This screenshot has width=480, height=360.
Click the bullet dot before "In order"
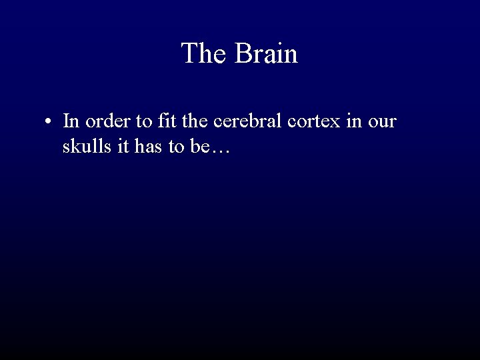tap(49, 122)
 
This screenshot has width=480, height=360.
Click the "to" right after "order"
tap(138, 121)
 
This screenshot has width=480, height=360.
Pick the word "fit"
tap(162, 121)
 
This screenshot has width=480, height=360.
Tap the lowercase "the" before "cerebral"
tap(190, 121)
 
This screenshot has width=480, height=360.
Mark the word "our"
tap(381, 121)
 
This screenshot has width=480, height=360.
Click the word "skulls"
tap(83, 147)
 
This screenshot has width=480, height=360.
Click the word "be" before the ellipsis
tap(199, 147)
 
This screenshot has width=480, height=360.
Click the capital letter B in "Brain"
tap(241, 53)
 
